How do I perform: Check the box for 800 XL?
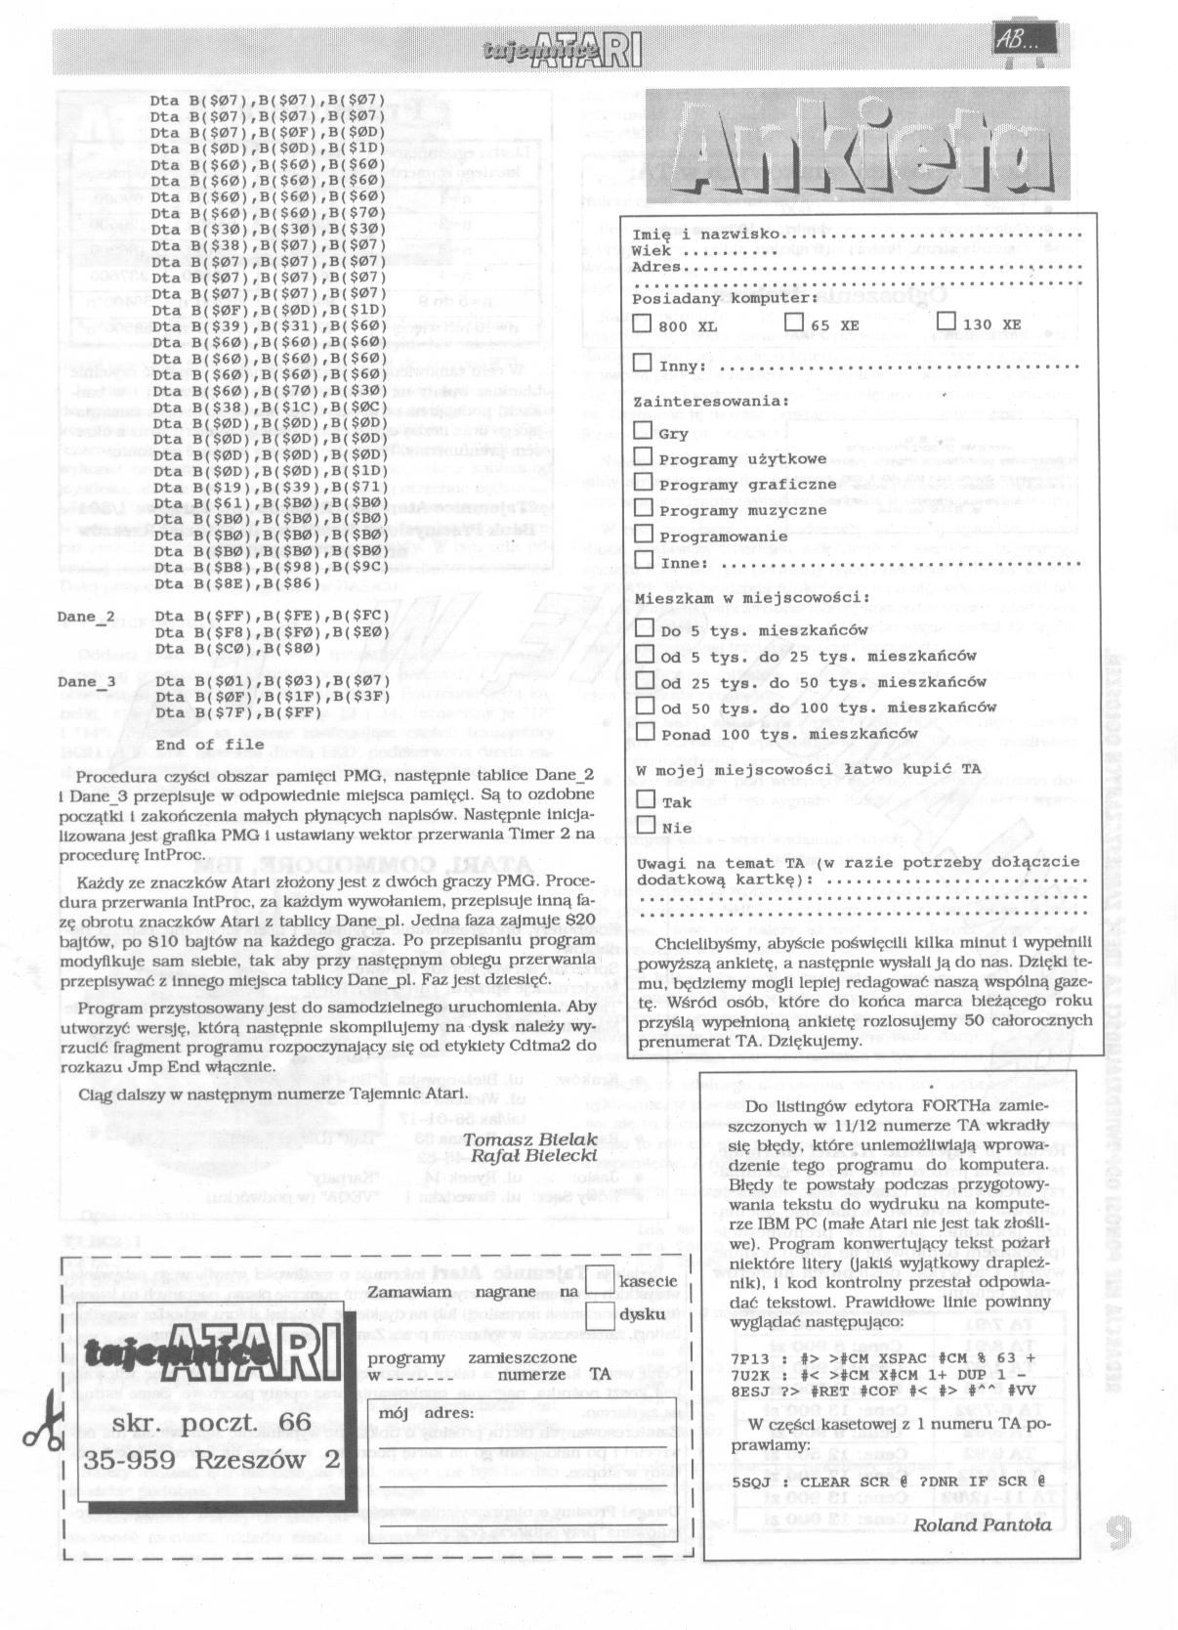pos(642,322)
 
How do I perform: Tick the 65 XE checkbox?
pos(794,322)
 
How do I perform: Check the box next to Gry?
pos(643,430)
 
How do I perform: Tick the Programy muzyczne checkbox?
pos(643,507)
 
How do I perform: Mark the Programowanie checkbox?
pos(643,534)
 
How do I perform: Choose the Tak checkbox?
pos(645,798)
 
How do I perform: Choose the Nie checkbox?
pos(645,825)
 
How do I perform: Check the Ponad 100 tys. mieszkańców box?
pos(645,731)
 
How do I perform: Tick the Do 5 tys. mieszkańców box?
pos(645,627)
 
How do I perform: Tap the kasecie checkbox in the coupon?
pos(602,1279)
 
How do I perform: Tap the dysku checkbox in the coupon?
pos(602,1312)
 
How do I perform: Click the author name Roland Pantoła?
pos(982,1523)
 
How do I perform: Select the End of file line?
pos(209,745)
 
